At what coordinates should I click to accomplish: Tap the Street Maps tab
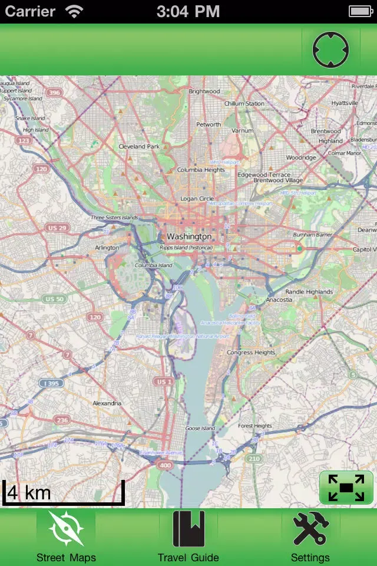click(x=65, y=537)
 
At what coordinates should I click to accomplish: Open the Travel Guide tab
click(x=188, y=537)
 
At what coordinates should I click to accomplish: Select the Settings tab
click(x=310, y=537)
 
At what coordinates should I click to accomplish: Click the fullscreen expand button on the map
click(x=346, y=488)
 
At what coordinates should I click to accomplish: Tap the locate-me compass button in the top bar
click(x=330, y=50)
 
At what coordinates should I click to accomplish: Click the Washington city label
click(x=188, y=236)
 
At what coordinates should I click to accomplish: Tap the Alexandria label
click(x=107, y=403)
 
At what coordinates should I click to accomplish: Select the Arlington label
click(x=107, y=248)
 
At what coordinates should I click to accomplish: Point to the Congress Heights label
click(x=251, y=353)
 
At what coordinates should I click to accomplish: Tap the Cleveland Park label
click(x=139, y=146)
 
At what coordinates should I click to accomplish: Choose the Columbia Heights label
click(x=201, y=170)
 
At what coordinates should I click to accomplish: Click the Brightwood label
click(x=204, y=91)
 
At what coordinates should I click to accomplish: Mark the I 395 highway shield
click(x=51, y=383)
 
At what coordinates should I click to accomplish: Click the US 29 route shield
click(x=57, y=228)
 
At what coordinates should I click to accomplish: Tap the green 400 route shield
click(x=165, y=466)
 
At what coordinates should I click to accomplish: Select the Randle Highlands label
click(x=309, y=292)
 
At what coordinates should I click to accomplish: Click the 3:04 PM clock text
click(x=188, y=11)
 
